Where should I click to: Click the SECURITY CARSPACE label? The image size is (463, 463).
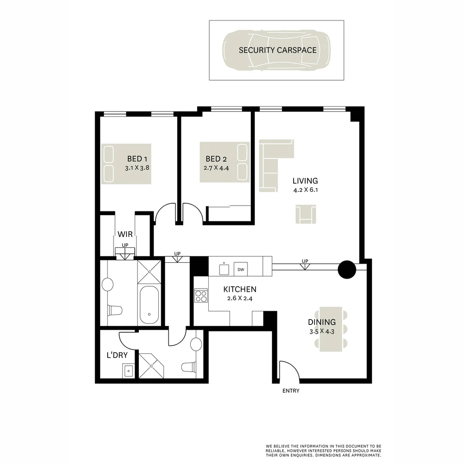(x=277, y=50)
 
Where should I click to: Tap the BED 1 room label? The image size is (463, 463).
(x=137, y=159)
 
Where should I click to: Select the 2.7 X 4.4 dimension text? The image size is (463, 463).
(x=216, y=168)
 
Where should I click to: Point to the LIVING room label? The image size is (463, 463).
(x=305, y=180)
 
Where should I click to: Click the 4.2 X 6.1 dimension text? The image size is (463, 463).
(x=305, y=190)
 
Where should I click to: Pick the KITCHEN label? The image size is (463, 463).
(x=240, y=289)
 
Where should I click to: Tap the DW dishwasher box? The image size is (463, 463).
(x=241, y=269)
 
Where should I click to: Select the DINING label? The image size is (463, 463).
(x=322, y=322)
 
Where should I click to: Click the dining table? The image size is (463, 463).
(x=331, y=329)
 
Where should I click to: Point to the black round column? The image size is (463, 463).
(x=347, y=269)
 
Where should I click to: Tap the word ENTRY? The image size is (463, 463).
(x=291, y=391)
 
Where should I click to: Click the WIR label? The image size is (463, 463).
(x=125, y=235)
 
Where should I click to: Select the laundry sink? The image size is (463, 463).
(x=129, y=370)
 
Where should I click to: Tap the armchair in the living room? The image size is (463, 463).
(x=306, y=214)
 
